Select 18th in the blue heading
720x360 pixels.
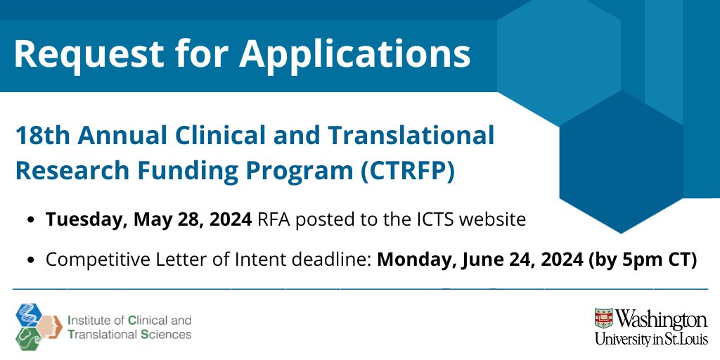[41, 135]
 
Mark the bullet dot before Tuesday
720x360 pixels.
[32, 220]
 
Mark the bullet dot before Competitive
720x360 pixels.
[32, 260]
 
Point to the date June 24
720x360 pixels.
[484, 259]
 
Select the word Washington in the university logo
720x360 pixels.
[662, 320]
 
